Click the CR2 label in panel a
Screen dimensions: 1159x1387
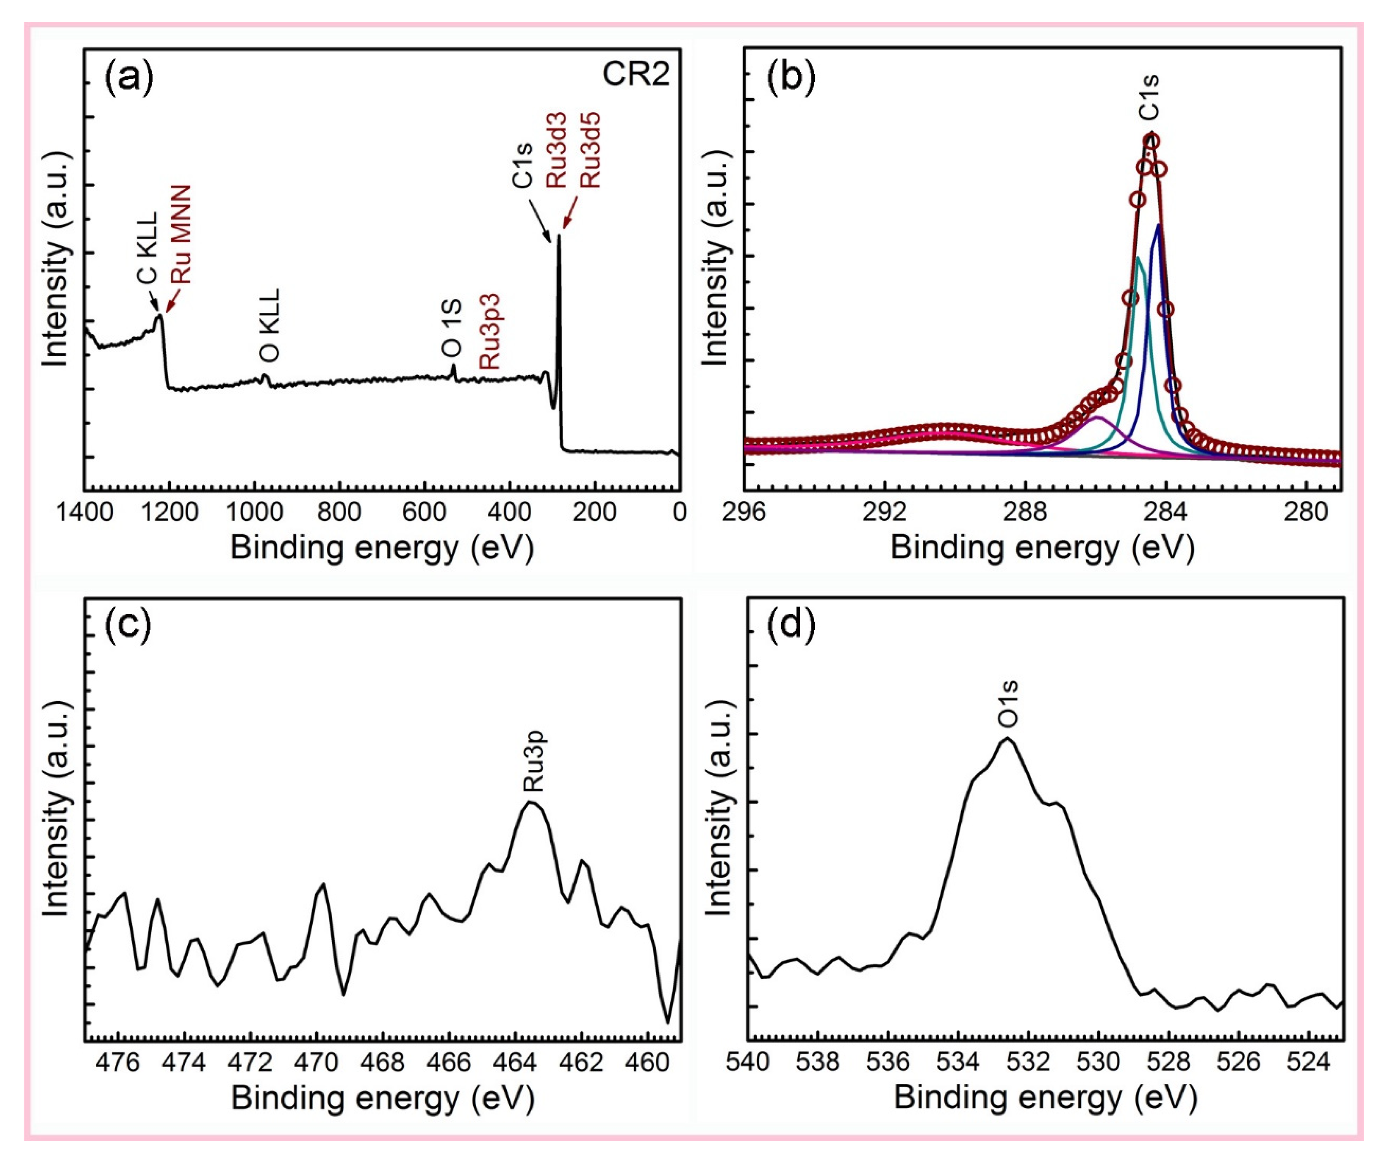[635, 74]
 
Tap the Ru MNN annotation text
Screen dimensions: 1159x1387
[180, 234]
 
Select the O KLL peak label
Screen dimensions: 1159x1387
[270, 324]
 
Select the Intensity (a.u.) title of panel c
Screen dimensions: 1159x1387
[56, 809]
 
